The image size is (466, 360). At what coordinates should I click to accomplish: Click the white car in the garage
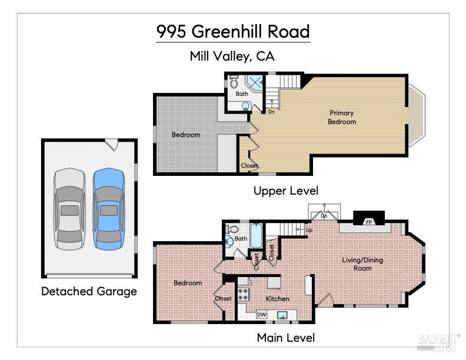pyautogui.click(x=69, y=208)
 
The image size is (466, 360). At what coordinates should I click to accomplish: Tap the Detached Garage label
pyautogui.click(x=89, y=291)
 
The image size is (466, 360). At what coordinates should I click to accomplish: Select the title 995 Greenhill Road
pyautogui.click(x=233, y=31)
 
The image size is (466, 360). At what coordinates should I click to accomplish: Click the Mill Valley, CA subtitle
pyautogui.click(x=232, y=56)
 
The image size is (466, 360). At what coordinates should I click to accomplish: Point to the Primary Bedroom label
pyautogui.click(x=342, y=117)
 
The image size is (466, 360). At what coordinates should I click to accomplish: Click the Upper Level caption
pyautogui.click(x=285, y=191)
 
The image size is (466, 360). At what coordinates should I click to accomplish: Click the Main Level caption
pyautogui.click(x=285, y=338)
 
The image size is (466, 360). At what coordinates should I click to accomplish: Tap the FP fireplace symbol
pyautogui.click(x=369, y=222)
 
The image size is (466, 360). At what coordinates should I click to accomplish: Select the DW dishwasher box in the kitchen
pyautogui.click(x=262, y=315)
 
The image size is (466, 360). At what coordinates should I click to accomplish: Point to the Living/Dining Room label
pyautogui.click(x=362, y=264)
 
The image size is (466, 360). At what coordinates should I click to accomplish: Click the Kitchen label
pyautogui.click(x=277, y=299)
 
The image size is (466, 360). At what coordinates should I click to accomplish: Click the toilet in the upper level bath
pyautogui.click(x=234, y=80)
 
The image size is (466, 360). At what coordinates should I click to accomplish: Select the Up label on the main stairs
pyautogui.click(x=309, y=230)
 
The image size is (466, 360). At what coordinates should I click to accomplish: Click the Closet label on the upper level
pyautogui.click(x=249, y=166)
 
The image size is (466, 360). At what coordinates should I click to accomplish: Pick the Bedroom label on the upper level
pyautogui.click(x=185, y=135)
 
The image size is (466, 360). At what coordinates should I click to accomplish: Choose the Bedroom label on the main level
pyautogui.click(x=188, y=283)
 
